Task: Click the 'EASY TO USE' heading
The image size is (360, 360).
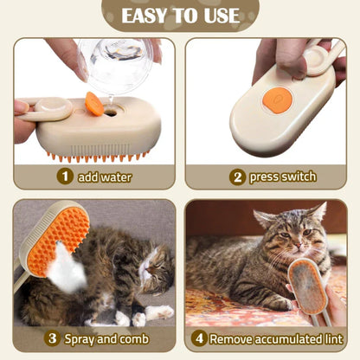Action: point(180,15)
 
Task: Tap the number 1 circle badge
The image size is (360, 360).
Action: point(64,177)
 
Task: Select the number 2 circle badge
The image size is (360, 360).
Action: point(237,177)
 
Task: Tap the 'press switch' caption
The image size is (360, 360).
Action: point(283,177)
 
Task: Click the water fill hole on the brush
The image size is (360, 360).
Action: point(111,111)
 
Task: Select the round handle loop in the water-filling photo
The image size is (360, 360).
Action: point(56,111)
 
